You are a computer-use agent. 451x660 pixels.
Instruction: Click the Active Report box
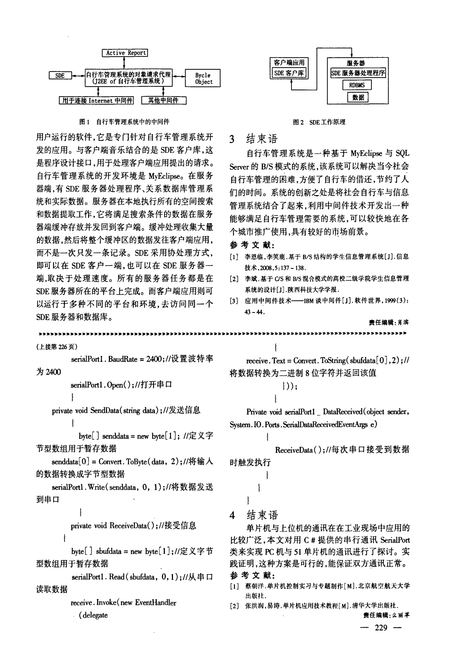(x=125, y=53)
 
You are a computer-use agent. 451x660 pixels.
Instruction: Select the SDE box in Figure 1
(x=60, y=75)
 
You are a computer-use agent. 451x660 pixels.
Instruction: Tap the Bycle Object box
(x=203, y=79)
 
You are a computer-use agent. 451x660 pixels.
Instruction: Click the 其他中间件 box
(x=163, y=101)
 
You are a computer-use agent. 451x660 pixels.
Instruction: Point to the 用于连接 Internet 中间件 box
(x=97, y=101)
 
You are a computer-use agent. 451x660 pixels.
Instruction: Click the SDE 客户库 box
(x=289, y=73)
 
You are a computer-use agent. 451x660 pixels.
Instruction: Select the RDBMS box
(x=357, y=85)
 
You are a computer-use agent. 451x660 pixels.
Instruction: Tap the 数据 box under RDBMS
(x=358, y=97)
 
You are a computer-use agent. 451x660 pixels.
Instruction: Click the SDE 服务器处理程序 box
(x=358, y=73)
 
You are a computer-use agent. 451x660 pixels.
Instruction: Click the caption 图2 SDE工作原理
(x=319, y=122)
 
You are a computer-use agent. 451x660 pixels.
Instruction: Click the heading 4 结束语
(x=253, y=515)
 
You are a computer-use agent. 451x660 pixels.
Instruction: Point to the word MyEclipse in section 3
(x=366, y=154)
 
